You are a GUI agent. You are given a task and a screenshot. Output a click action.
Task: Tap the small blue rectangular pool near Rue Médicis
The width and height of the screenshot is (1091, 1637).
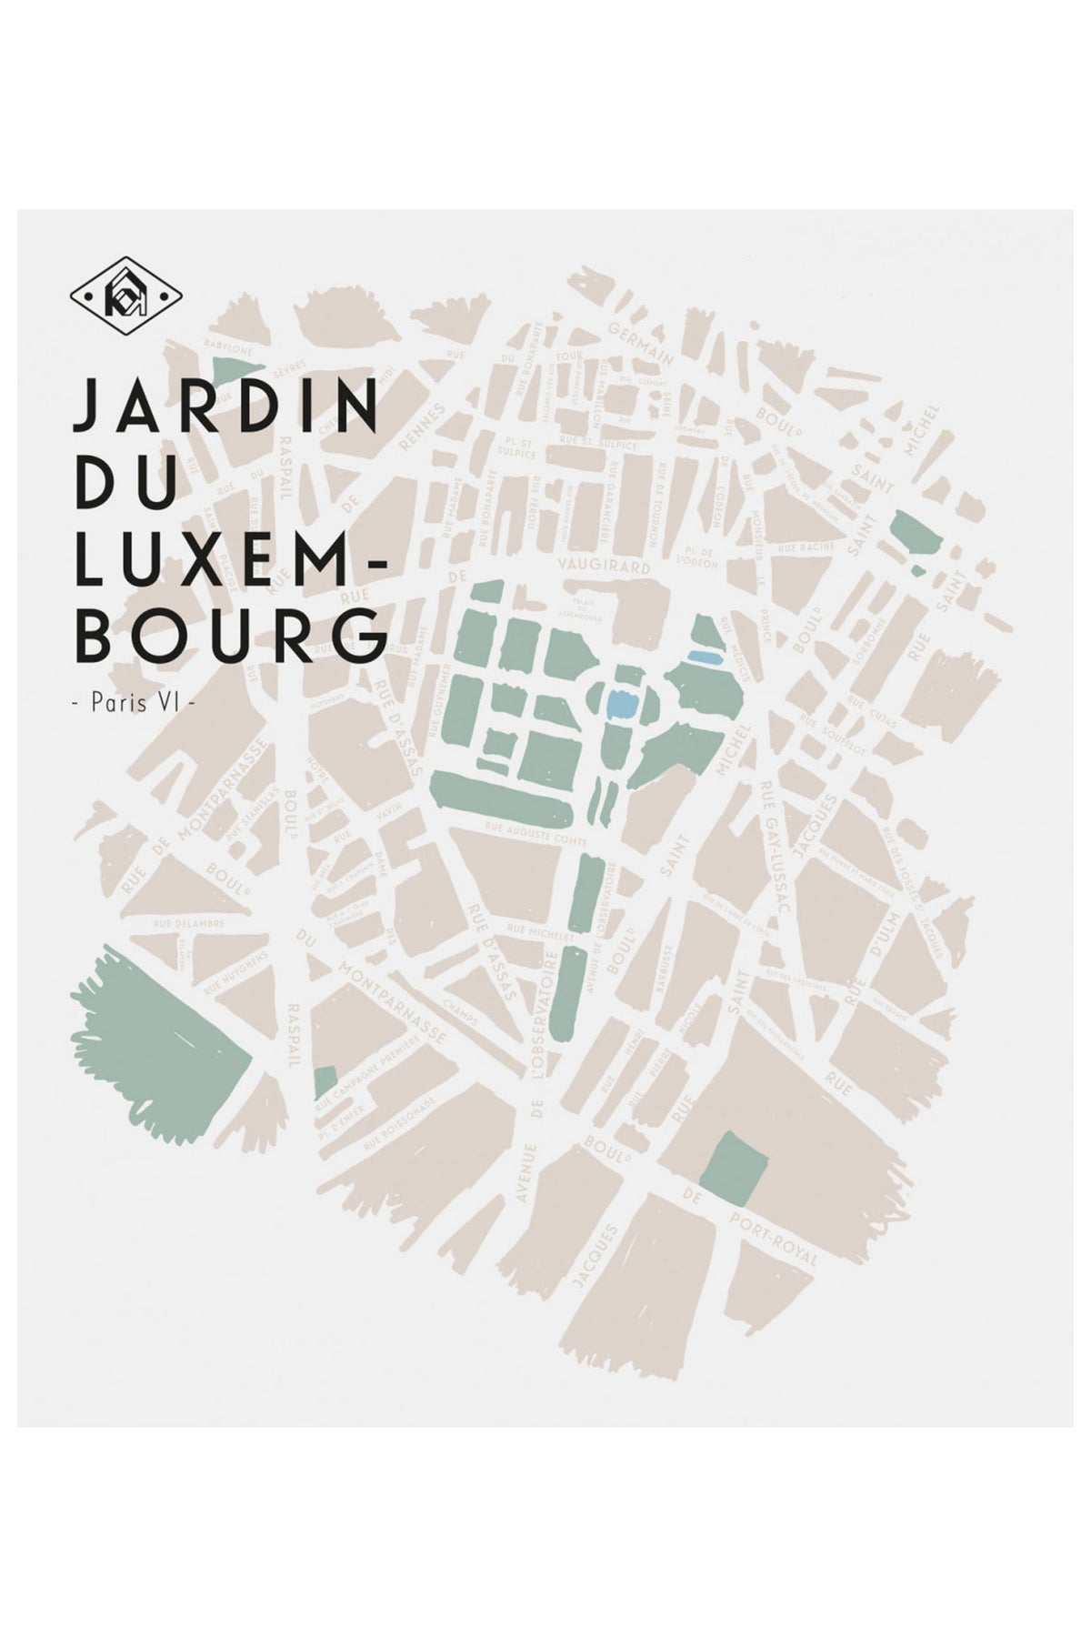[x=703, y=656]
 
